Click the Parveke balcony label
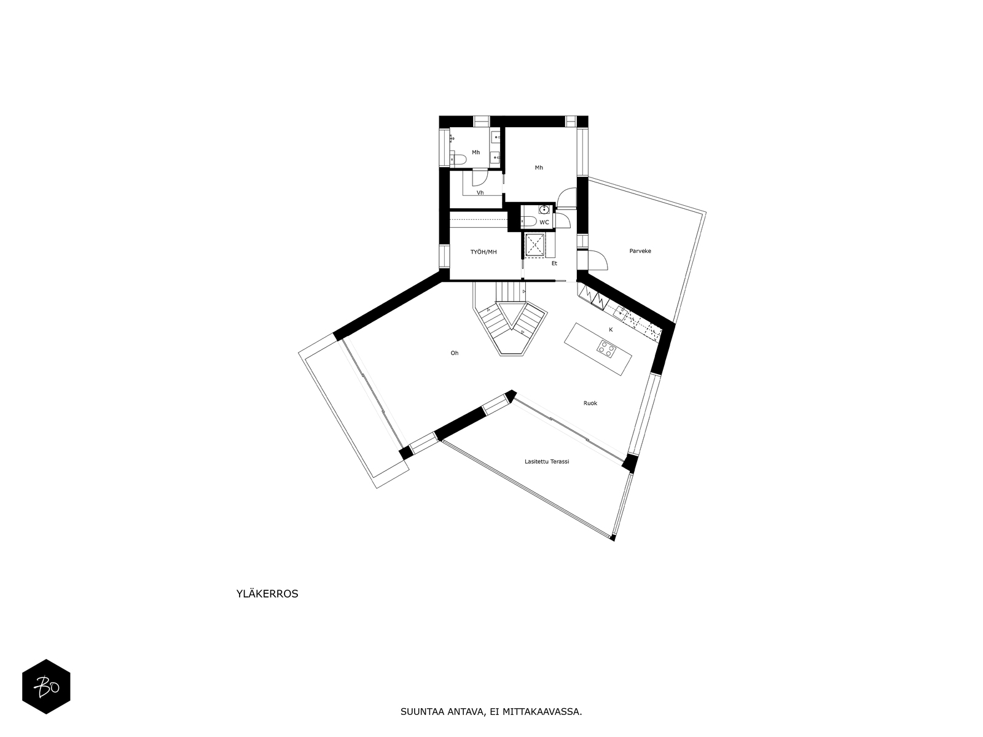pos(640,251)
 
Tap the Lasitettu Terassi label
pos(547,461)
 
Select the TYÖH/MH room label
pos(484,252)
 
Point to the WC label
pos(544,222)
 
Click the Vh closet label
pos(480,193)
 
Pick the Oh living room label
pos(455,353)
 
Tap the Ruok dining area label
pos(590,403)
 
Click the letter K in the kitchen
pos(611,330)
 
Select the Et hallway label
pos(554,263)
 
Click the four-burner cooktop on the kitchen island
pos(606,348)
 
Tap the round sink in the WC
pos(544,209)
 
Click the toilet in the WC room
pos(528,222)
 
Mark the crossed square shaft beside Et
pos(534,245)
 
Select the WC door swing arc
pos(564,220)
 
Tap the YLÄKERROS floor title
pos(267,594)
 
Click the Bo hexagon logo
pos(46,687)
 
